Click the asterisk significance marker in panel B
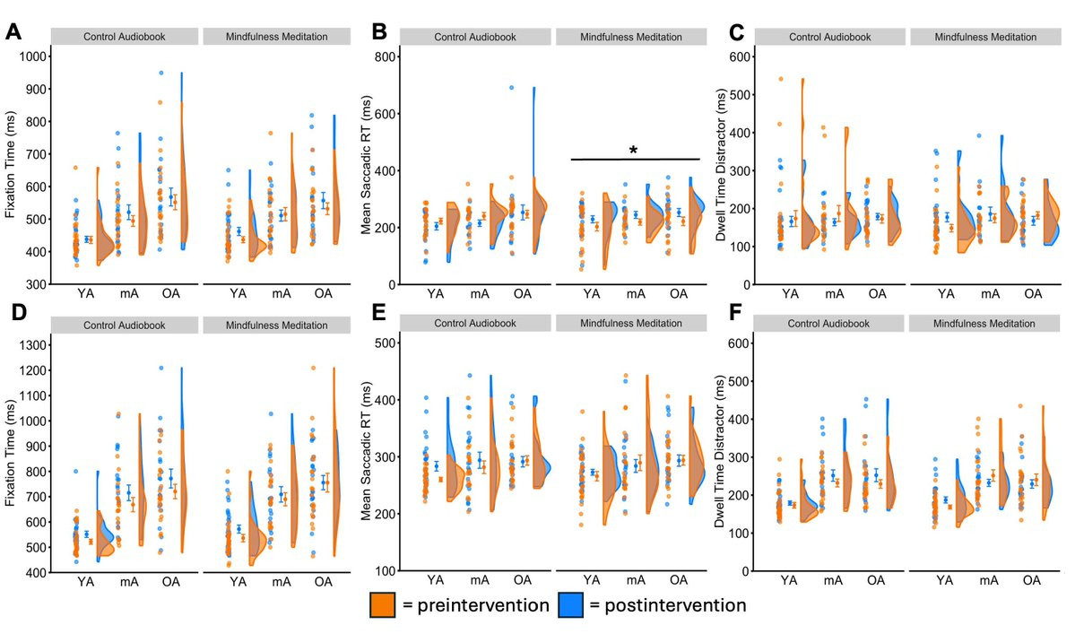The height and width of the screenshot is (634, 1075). click(633, 151)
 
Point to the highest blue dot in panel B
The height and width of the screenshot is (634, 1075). click(511, 87)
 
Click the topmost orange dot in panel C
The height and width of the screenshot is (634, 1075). click(780, 80)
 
